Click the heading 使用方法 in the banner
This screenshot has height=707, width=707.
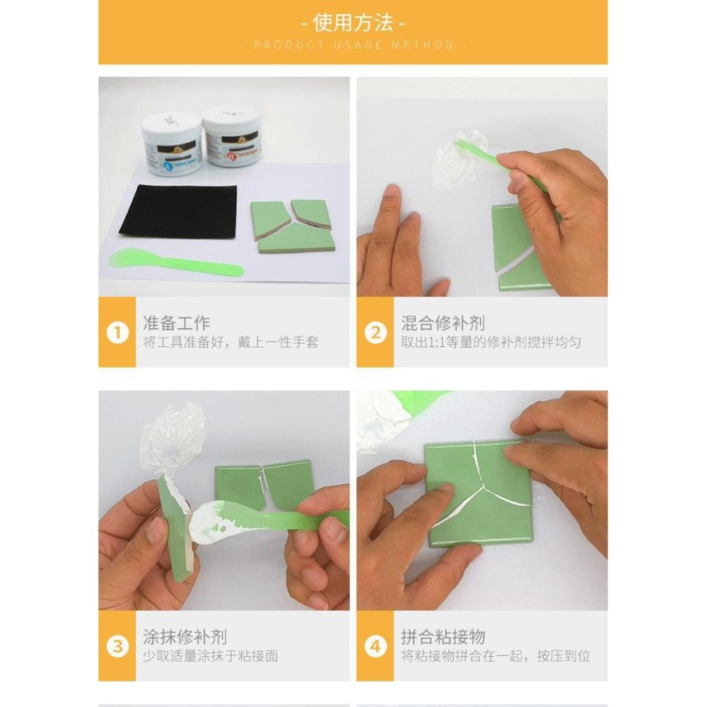[353, 23]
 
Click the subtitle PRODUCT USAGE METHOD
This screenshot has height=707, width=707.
[353, 45]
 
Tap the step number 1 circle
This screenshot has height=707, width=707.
[117, 332]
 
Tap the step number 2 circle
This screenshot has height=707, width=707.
[375, 332]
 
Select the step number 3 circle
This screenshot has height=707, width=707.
[117, 646]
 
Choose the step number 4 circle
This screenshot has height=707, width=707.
[375, 646]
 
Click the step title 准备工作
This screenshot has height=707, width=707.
[177, 324]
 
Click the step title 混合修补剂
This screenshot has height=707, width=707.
[443, 324]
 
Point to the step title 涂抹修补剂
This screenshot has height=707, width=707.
[185, 637]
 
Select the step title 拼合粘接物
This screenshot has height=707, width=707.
[443, 637]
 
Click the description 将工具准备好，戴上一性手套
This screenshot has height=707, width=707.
[230, 343]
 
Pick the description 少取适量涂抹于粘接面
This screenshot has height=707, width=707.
[211, 656]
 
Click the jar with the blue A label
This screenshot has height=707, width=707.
[170, 145]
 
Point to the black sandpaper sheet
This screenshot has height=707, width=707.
[178, 211]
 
